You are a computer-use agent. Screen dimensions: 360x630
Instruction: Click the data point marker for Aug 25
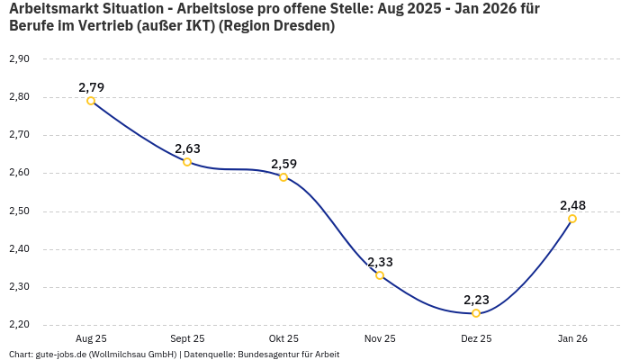pos(91,101)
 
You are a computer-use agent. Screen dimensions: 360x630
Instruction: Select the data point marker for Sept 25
pos(187,162)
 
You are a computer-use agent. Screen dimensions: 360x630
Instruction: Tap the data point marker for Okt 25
pos(283,177)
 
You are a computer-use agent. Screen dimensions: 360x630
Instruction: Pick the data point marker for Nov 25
pos(380,275)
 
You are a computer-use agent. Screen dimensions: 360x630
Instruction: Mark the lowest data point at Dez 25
pos(476,313)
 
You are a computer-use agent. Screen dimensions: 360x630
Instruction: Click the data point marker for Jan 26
pos(572,219)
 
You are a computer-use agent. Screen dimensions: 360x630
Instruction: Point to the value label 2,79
pos(92,87)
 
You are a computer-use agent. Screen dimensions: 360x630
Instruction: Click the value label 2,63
pos(188,148)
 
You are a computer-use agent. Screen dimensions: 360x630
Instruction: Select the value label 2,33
pos(380,262)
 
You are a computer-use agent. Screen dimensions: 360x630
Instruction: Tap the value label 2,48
pos(573,205)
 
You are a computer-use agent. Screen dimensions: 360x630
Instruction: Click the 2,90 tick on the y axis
pos(19,58)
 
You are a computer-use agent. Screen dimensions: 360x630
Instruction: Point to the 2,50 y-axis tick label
pos(19,211)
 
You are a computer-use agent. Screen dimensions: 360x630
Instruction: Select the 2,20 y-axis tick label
pos(19,326)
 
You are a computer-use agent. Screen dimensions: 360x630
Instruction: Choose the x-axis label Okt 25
pos(283,338)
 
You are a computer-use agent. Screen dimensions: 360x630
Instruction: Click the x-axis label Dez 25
pos(476,338)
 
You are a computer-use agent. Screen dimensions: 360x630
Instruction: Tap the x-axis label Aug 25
pos(91,338)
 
